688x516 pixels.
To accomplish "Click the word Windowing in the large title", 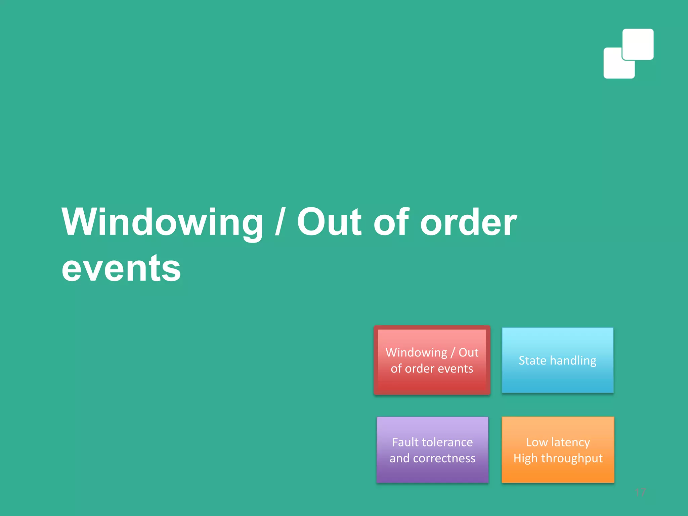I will pos(163,222).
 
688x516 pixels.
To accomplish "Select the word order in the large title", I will pos(468,222).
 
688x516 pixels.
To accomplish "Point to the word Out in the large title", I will pos(329,222).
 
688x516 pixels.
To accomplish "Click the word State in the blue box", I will pos(532,360).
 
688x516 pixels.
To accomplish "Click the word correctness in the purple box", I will pos(444,458).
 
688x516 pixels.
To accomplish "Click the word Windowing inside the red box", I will pos(416,352).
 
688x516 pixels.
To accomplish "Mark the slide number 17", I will pos(640,492).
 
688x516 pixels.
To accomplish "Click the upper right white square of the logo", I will pos(638,44).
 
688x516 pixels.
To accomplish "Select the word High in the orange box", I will pos(525,459).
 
